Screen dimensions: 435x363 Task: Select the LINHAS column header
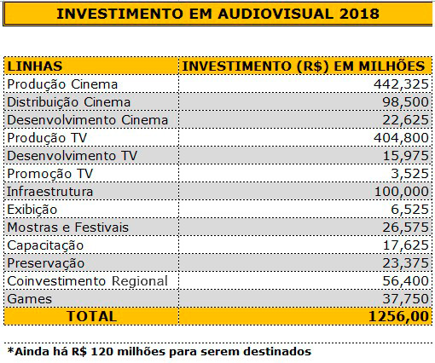tap(35, 66)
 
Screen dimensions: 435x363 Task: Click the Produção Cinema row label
tap(62, 84)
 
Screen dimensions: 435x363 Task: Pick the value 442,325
tap(401, 84)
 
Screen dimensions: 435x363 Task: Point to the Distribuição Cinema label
tap(69, 102)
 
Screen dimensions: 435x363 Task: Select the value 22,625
tap(405, 120)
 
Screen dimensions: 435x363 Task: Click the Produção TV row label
tap(47, 138)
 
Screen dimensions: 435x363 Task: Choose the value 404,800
tap(401, 138)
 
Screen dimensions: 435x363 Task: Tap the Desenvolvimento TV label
tap(72, 156)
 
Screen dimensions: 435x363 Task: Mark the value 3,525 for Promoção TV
tap(409, 174)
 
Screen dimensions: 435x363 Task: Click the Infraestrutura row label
tap(50, 192)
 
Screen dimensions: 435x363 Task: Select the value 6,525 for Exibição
tap(409, 210)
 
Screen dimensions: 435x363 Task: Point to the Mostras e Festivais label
tap(68, 228)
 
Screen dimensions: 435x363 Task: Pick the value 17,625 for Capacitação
tap(406, 245)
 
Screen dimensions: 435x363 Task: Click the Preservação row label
tap(46, 263)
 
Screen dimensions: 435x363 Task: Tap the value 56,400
tap(405, 281)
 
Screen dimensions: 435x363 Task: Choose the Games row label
tap(30, 299)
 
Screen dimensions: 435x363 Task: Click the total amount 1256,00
tap(398, 316)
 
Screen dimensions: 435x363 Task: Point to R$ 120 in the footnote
tap(93, 351)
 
